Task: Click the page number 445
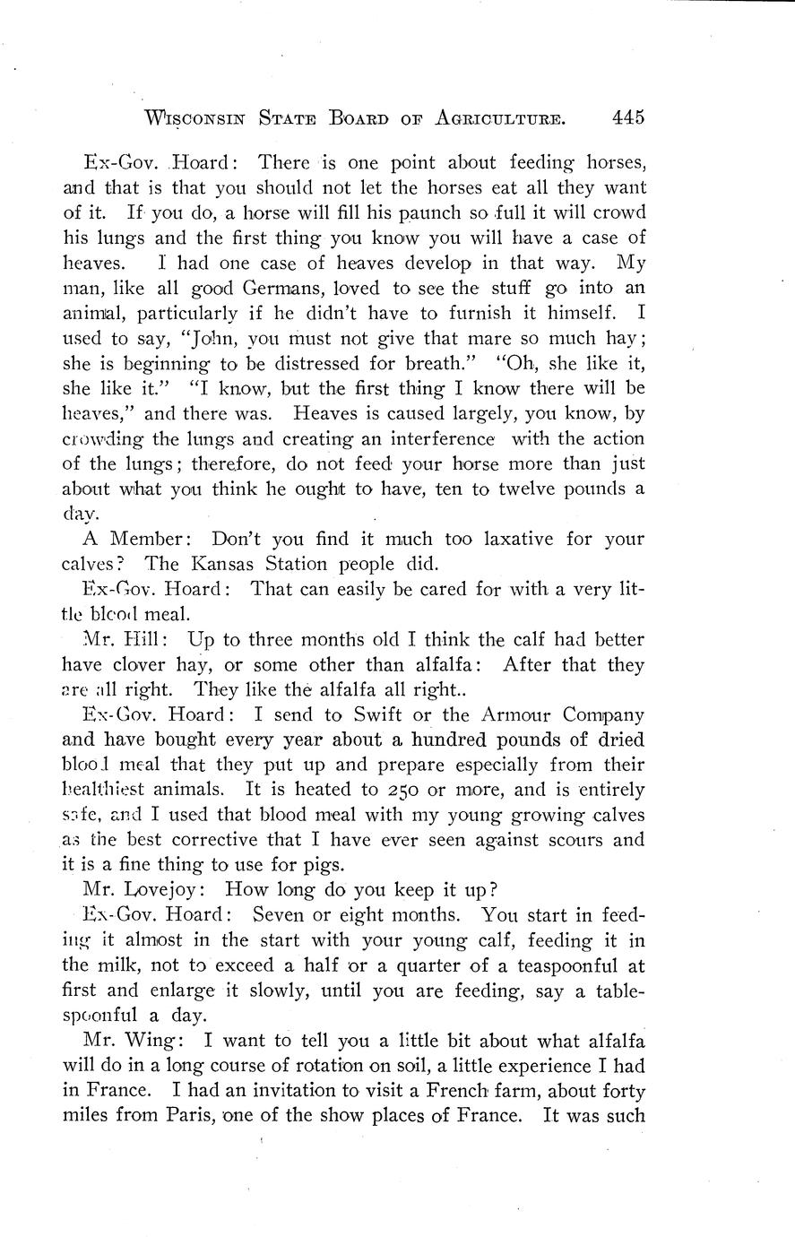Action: (x=624, y=117)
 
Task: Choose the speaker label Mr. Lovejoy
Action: (x=139, y=891)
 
